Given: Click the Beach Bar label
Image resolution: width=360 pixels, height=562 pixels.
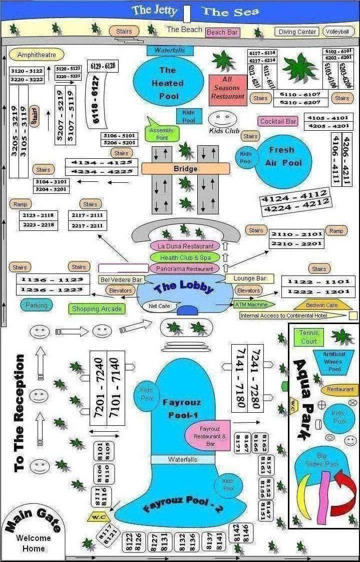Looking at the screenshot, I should coord(222,33).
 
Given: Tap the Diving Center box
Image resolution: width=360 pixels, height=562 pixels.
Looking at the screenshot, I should coord(297,32).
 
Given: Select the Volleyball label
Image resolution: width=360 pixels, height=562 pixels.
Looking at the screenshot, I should coord(338,32).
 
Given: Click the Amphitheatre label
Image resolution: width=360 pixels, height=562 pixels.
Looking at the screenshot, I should coord(37,55).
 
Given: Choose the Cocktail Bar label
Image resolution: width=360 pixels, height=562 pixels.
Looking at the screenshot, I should coord(278,121).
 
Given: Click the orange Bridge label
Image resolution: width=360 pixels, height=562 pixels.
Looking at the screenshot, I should coord(185,169).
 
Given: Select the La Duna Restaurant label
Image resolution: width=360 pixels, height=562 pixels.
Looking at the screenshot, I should coord(185,246).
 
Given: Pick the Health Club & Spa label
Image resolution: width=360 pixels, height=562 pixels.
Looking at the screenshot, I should coord(185,257).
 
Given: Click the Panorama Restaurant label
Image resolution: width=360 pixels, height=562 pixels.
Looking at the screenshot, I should coord(185,268).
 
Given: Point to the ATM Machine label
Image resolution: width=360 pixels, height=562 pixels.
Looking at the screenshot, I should coord(251,304).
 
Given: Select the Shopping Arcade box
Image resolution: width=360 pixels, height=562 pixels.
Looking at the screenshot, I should coord(97,309).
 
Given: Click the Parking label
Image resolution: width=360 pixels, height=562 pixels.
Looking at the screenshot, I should coord(37,305).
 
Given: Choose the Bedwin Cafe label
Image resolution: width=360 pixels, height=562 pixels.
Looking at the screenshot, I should coord(322,305).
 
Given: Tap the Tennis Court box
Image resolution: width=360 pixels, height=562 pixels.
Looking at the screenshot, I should coord(309,337).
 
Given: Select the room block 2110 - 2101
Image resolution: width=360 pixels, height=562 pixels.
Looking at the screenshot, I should coord(296,234).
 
